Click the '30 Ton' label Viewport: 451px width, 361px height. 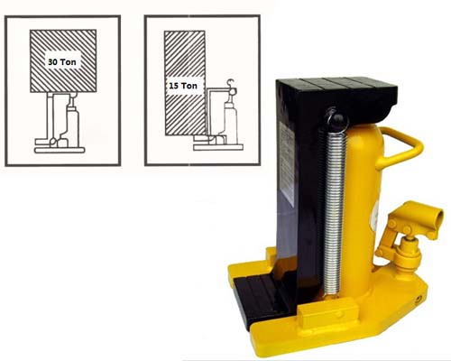(x=63, y=62)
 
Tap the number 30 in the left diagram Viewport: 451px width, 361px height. (x=55, y=62)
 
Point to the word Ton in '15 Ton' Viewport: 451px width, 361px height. (x=191, y=85)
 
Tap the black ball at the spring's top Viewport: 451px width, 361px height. (x=336, y=117)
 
